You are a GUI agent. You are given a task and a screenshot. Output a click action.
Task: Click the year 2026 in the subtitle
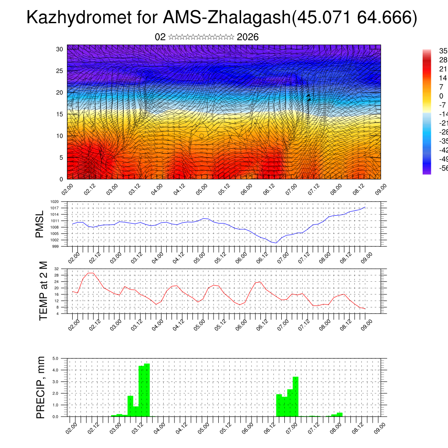(x=248, y=37)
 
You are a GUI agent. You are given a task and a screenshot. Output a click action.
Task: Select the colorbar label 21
(x=431, y=69)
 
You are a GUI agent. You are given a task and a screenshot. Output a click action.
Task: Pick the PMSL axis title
(x=40, y=224)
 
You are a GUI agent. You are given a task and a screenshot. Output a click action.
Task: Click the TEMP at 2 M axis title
(x=43, y=290)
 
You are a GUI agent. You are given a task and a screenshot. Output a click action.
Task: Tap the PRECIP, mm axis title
(x=41, y=387)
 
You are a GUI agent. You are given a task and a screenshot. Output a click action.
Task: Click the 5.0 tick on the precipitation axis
(x=56, y=358)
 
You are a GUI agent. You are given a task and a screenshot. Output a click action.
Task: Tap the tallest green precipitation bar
(x=147, y=389)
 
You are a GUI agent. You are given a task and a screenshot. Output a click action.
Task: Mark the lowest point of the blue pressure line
(x=276, y=243)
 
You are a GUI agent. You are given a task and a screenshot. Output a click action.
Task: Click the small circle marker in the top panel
(x=202, y=136)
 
